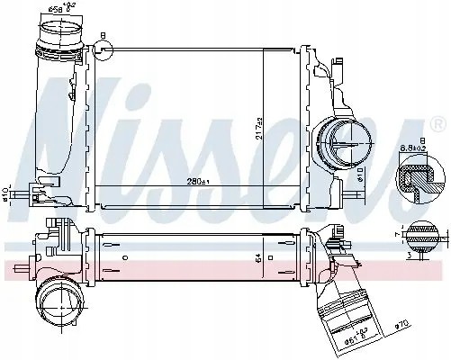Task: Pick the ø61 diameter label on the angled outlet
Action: (x=360, y=343)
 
